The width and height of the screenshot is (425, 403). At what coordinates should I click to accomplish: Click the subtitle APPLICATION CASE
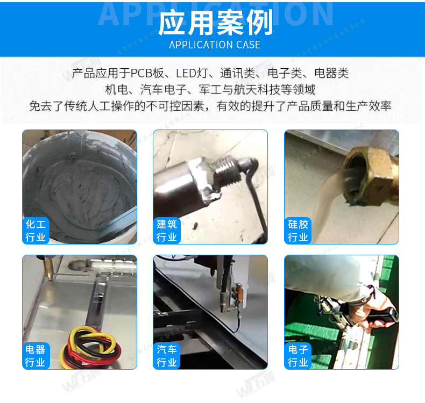pos(215,45)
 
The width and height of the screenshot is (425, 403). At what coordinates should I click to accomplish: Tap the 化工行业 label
pos(36,231)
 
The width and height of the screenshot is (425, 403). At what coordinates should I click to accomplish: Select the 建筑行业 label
pos(166,231)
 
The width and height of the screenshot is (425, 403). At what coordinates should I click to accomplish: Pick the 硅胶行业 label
pos(297,231)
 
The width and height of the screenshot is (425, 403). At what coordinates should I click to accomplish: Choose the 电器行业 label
pos(36,356)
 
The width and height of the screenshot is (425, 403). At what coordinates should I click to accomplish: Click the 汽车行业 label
pos(166,356)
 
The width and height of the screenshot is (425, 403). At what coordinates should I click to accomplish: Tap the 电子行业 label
pos(297,356)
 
